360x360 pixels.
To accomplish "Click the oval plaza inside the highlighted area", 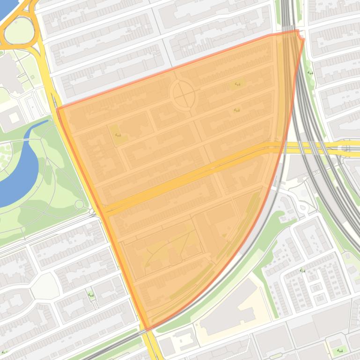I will tap(183, 94).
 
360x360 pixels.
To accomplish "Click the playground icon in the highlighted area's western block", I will tap(118, 135).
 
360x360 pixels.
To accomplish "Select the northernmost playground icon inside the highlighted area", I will tap(237, 84).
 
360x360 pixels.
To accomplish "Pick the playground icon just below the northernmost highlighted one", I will tap(236, 110).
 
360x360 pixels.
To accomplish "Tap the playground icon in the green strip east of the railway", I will tap(310, 73).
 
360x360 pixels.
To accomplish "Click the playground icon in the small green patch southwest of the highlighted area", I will tap(90, 295).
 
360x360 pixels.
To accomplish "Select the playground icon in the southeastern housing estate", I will tap(302, 270).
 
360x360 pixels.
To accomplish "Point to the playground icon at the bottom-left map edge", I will tap(5, 352).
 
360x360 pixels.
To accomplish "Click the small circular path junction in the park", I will tap(79, 204).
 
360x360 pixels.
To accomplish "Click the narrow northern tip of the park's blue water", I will tap(44, 122).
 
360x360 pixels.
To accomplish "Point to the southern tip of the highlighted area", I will tap(147, 329).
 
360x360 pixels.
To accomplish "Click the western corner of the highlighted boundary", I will tap(58, 109).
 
